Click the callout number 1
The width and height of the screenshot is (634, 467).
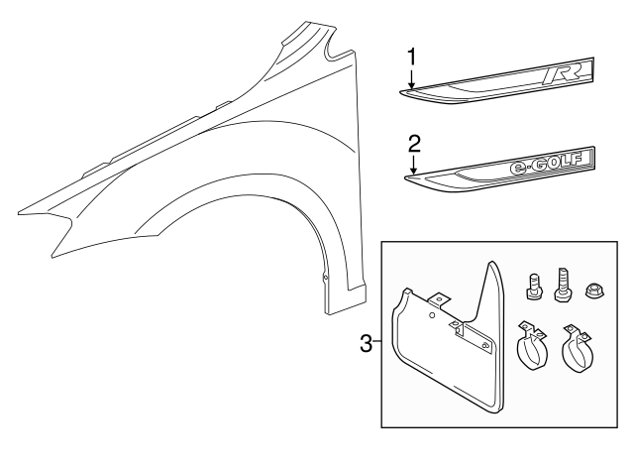click(x=411, y=56)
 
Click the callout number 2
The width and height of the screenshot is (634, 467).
click(x=411, y=141)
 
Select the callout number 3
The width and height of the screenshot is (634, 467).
click(x=366, y=344)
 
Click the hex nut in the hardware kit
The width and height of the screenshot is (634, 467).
click(x=597, y=288)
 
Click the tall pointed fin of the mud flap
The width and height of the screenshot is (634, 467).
click(x=492, y=288)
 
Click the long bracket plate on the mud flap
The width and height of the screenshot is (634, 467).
click(x=475, y=337)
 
